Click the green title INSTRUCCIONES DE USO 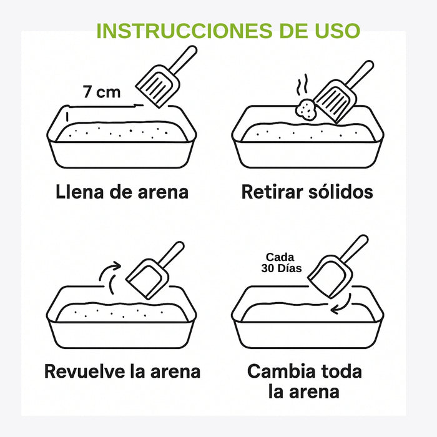(228, 31)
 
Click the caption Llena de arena (122, 191)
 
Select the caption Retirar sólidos (307, 191)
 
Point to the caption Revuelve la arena (122, 371)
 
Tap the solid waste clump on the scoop (306, 109)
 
